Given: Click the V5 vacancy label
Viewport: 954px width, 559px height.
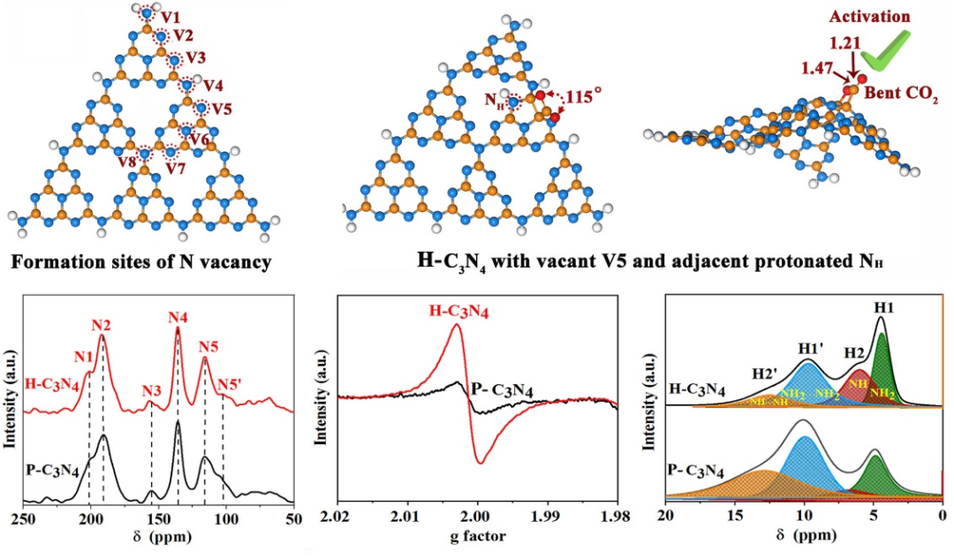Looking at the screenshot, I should [223, 110].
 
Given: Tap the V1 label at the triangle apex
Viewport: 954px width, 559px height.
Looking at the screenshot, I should [172, 17].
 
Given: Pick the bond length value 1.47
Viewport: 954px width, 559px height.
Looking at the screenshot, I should [819, 66].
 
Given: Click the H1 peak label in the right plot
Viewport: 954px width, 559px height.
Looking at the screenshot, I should [882, 306].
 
